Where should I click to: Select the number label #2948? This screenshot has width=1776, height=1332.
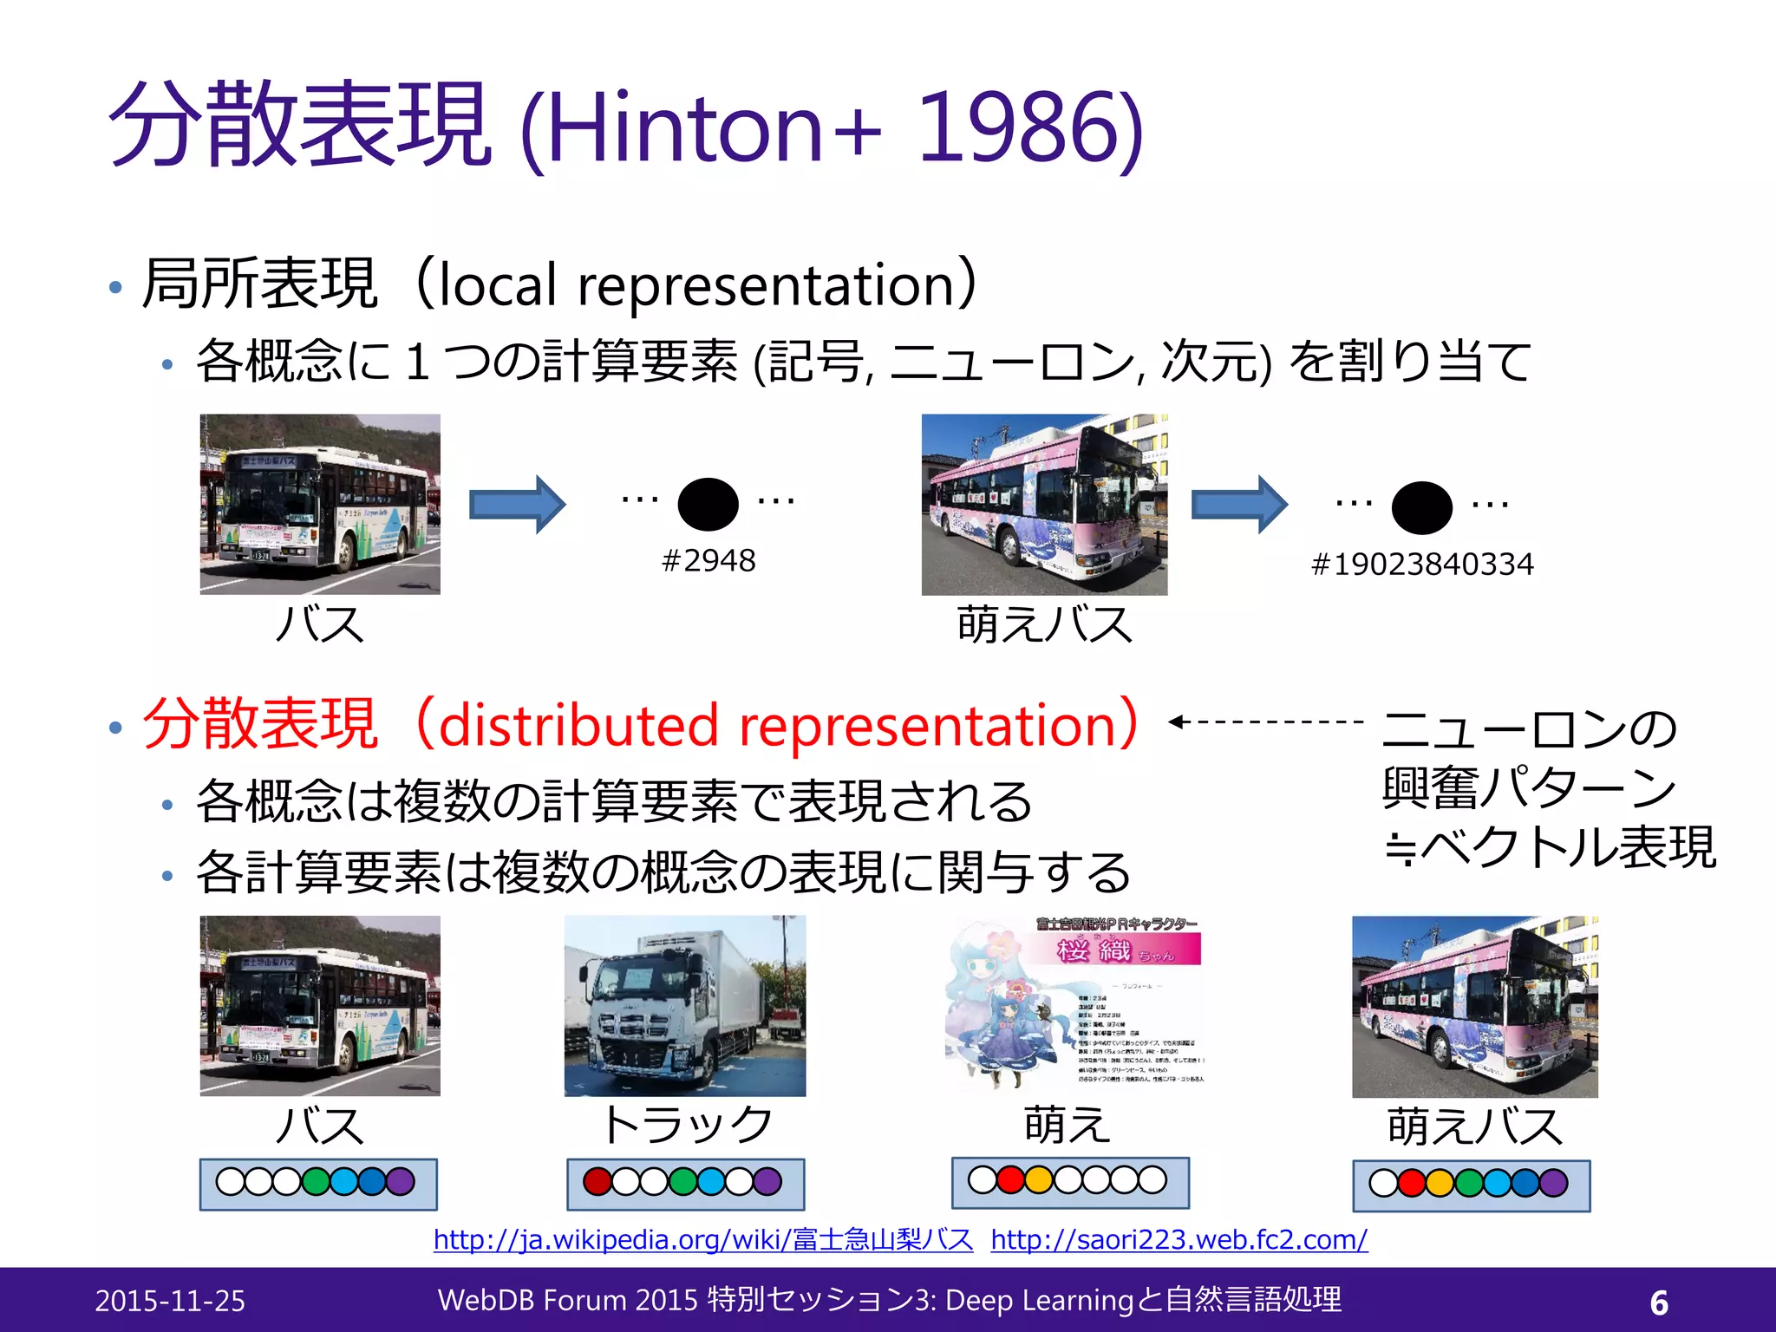(708, 561)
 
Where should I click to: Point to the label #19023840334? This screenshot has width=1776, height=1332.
(1422, 565)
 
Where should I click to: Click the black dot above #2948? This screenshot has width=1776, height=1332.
(708, 504)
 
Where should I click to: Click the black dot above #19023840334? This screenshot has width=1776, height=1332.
(1421, 506)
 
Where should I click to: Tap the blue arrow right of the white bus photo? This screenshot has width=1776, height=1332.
(517, 504)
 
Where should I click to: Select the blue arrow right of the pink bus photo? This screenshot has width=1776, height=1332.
(1239, 504)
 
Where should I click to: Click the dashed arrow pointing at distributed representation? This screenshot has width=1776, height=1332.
(1266, 721)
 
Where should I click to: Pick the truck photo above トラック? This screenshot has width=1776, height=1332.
(685, 1006)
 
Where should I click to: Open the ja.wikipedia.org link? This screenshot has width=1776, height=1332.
(703, 1239)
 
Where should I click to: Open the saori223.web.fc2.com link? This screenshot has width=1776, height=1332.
(1179, 1239)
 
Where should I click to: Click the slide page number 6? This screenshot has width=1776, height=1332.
(1659, 1303)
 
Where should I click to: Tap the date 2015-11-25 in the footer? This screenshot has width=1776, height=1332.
(170, 1301)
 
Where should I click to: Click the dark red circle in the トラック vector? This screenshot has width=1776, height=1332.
(597, 1181)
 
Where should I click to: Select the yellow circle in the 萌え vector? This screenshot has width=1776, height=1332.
(1038, 1179)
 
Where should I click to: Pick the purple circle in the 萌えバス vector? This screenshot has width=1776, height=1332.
(1553, 1183)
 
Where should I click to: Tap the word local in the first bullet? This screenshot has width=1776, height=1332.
(497, 285)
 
